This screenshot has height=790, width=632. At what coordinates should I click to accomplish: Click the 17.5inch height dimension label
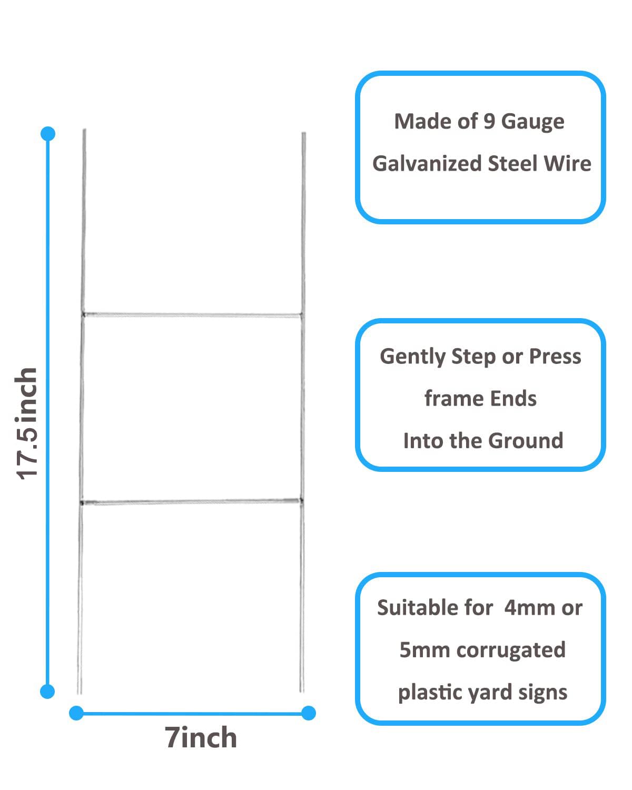[x=26, y=423]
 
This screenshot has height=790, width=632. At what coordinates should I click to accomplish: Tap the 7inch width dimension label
[x=201, y=737]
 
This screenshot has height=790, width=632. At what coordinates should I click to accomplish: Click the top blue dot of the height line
[x=48, y=134]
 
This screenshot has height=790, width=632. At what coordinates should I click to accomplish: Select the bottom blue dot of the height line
[x=47, y=692]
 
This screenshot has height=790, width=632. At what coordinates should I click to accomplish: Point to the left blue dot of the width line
[x=76, y=713]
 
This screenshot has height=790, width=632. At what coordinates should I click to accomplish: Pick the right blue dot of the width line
[x=309, y=713]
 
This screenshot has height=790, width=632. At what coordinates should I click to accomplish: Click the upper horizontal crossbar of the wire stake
[x=192, y=315]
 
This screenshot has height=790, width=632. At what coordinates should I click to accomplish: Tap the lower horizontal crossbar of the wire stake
[x=191, y=501]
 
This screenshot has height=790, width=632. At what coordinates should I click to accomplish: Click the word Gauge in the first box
[x=532, y=122]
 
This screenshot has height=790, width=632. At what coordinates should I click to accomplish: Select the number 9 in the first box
[x=489, y=121]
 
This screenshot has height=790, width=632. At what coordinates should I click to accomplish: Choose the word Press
[x=555, y=357]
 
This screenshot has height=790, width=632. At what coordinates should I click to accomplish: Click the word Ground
[x=526, y=440]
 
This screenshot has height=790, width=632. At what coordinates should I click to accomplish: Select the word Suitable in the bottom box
[x=417, y=608]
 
